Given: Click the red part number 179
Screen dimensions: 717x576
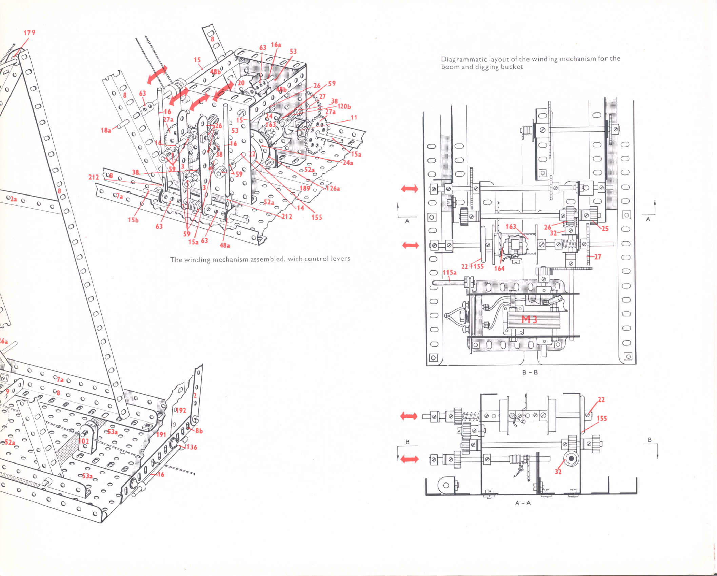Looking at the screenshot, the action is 29,33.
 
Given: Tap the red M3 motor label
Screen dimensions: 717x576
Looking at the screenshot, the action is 529,319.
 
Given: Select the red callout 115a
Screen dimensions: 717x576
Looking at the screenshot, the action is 450,272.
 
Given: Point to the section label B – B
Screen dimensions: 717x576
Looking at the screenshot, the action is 530,372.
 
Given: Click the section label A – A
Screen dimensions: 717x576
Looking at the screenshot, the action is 523,503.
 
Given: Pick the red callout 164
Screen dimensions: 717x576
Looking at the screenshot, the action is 499,268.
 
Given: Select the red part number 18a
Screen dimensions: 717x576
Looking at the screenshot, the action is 106,130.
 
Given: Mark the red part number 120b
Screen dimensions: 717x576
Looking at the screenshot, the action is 344,106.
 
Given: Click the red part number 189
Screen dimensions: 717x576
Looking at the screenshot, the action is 305,188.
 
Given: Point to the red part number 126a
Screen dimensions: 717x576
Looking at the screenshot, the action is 333,188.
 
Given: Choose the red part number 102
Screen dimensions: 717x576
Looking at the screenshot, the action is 84,441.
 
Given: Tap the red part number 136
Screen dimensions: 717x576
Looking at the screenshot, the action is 192,447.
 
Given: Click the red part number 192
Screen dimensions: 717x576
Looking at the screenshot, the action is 181,410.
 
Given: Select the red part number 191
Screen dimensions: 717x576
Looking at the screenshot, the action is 161,434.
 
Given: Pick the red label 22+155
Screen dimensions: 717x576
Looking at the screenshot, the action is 473,266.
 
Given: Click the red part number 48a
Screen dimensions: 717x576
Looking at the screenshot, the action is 225,245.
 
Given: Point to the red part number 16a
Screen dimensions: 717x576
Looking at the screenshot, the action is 276,45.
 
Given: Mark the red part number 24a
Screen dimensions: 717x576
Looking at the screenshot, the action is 348,163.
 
